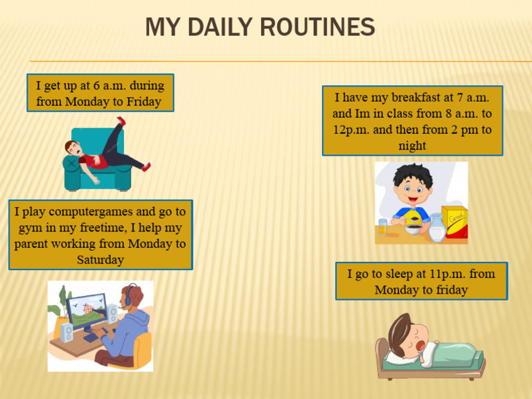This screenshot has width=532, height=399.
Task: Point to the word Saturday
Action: tap(100, 260)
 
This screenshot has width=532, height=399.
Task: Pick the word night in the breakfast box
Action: tap(412, 145)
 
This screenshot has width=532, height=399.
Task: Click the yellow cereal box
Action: tap(454, 222)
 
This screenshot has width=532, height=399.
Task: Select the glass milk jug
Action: tap(436, 228)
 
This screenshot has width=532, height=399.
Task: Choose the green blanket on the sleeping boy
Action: tap(450, 353)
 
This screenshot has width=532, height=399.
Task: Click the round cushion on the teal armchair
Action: tap(71, 163)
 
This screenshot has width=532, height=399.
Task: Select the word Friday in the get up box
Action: tap(144, 102)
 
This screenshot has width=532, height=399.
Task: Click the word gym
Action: tap(28, 227)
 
